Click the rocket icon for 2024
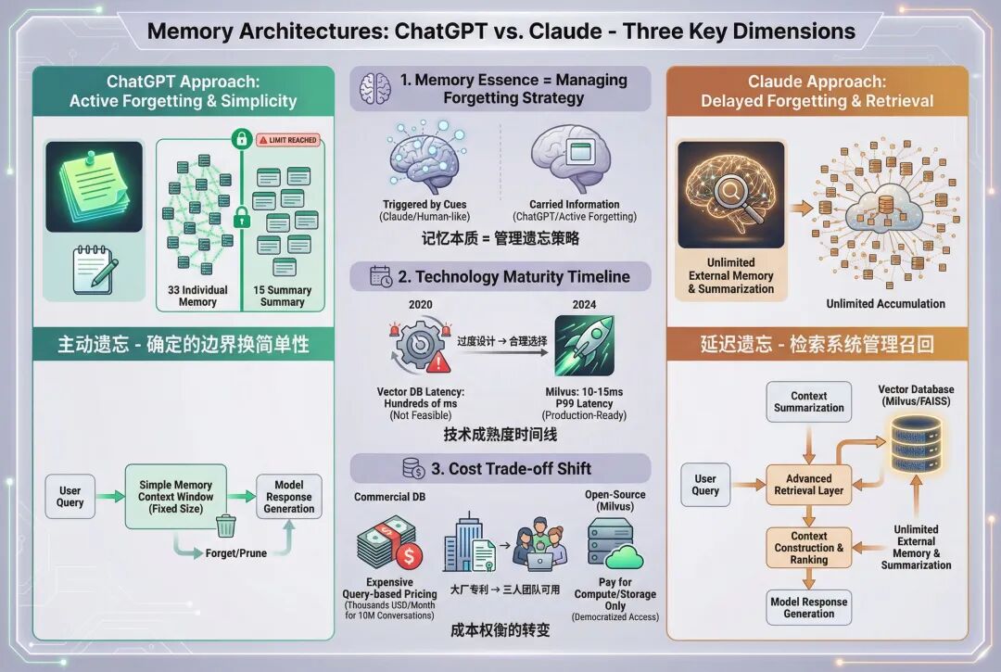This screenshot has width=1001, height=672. pos(584,345)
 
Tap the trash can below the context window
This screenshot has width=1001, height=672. pos(226,526)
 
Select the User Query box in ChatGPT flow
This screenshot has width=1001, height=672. pos(70,497)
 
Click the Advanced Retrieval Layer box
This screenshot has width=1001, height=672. pos(808,485)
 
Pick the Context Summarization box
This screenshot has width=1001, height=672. pos(809,401)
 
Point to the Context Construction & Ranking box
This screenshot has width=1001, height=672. pos(808,548)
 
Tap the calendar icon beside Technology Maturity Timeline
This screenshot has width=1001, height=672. pos(381,276)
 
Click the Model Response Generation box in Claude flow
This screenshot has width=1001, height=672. pos(808,608)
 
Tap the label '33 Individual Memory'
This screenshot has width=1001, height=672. pos(197,296)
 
